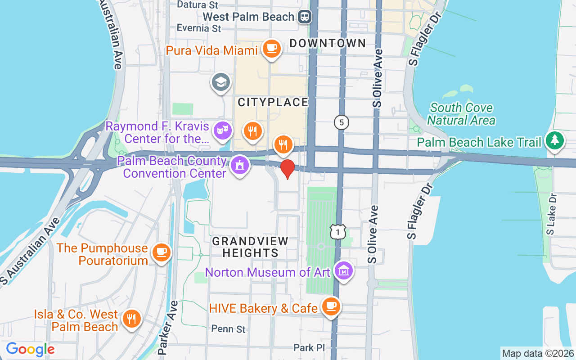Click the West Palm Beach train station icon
pyautogui.click(x=305, y=17)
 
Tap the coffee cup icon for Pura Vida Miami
pyautogui.click(x=271, y=48)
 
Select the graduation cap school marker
pyautogui.click(x=221, y=83)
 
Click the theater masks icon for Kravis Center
pyautogui.click(x=223, y=131)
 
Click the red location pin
pyautogui.click(x=288, y=169)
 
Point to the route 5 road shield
pyautogui.click(x=342, y=122)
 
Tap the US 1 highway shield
pyautogui.click(x=337, y=232)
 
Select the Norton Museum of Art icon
pyautogui.click(x=344, y=271)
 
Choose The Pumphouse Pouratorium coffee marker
pyautogui.click(x=161, y=252)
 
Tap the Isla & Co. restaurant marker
pyautogui.click(x=131, y=319)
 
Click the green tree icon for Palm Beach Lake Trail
pyautogui.click(x=554, y=141)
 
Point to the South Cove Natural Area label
pyautogui.click(x=461, y=114)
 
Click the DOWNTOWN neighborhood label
pyautogui.click(x=328, y=44)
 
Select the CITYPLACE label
pyautogui.click(x=273, y=103)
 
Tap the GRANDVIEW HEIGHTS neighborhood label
pyautogui.click(x=250, y=247)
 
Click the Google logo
pyautogui.click(x=30, y=349)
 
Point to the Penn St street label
pyautogui.click(x=229, y=329)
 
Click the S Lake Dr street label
pyautogui.click(x=551, y=214)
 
